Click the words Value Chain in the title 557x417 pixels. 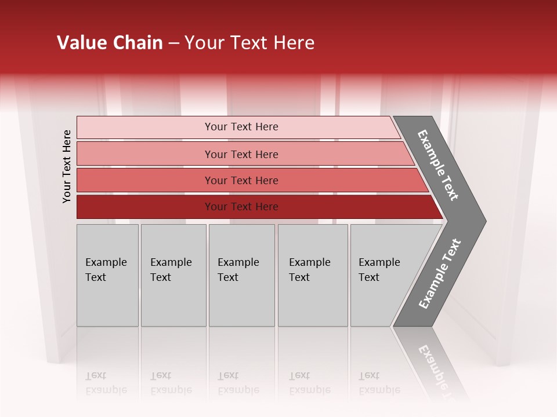pyautogui.click(x=110, y=43)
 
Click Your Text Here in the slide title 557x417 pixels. pyautogui.click(x=249, y=43)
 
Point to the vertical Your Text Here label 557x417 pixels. pyautogui.click(x=67, y=166)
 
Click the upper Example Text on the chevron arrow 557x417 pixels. pyautogui.click(x=438, y=165)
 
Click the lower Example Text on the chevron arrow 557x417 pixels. pyautogui.click(x=440, y=274)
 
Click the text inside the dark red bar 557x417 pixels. pyautogui.click(x=241, y=207)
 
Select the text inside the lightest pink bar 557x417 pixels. pyautogui.click(x=241, y=127)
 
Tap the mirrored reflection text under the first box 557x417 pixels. pyautogui.click(x=106, y=383)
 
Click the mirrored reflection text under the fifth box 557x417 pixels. pyautogui.click(x=379, y=383)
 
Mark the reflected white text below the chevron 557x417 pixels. pyautogui.click(x=435, y=365)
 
